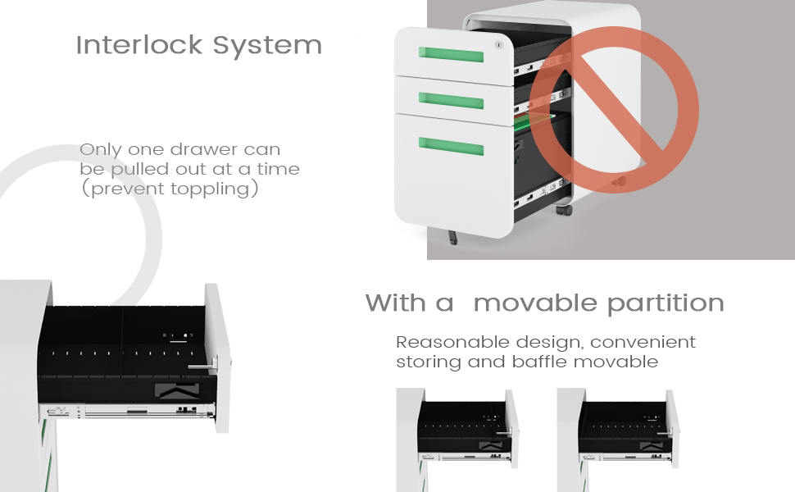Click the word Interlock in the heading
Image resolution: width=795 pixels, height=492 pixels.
tap(139, 45)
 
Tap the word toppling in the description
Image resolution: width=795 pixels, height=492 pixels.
tap(211, 189)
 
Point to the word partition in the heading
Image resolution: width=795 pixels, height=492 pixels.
tap(666, 304)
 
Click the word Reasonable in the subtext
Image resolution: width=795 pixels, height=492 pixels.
tap(452, 343)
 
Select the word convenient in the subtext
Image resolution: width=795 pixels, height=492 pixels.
tap(643, 343)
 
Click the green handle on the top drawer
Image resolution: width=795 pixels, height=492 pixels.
tap(451, 54)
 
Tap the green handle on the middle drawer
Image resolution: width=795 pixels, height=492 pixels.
tap(451, 100)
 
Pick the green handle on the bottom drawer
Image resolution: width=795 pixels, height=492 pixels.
tap(451, 146)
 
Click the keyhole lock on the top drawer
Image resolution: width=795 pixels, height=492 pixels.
tap(499, 45)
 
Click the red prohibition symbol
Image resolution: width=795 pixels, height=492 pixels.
tap(614, 110)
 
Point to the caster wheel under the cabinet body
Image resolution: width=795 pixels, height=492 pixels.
tap(564, 209)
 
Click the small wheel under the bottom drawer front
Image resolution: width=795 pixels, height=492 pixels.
tap(452, 237)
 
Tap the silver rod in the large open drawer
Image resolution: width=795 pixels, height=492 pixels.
tap(202, 367)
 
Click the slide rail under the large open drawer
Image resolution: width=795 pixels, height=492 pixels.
tap(128, 411)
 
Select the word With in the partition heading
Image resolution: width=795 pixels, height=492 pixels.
tap(396, 303)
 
